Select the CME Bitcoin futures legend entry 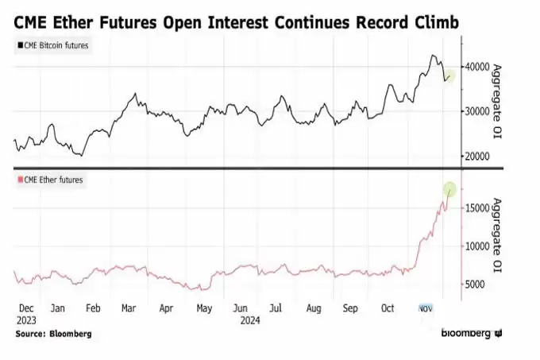[x=53, y=45]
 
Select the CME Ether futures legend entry [x=50, y=180]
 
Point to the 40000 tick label [x=476, y=67]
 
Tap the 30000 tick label [x=476, y=111]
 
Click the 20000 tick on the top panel [x=476, y=156]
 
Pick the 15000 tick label [x=476, y=208]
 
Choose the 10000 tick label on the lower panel [x=476, y=246]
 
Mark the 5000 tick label [x=475, y=285]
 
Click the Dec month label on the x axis [x=26, y=308]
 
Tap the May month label [x=204, y=308]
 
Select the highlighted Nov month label [x=425, y=308]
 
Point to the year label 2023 [x=26, y=321]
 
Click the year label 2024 [x=250, y=321]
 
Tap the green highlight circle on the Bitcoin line [x=449, y=75]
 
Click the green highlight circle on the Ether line [x=449, y=189]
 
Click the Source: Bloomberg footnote [x=53, y=334]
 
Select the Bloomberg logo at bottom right [x=472, y=333]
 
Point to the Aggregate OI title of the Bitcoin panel [x=496, y=101]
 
